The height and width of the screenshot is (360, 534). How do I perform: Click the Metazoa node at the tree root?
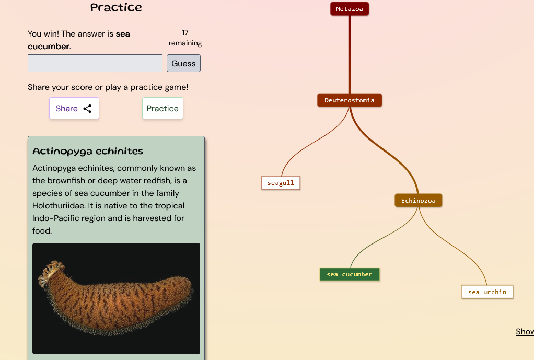[x=350, y=9]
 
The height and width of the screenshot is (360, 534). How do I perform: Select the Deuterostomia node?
[x=350, y=100]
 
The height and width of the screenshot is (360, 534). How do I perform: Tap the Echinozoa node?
[x=418, y=201]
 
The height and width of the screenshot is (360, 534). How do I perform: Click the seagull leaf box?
[x=281, y=183]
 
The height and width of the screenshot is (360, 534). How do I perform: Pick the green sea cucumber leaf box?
[x=350, y=274]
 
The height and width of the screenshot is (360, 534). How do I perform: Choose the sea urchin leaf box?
[x=487, y=292]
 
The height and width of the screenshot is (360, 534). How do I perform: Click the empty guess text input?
[x=95, y=63]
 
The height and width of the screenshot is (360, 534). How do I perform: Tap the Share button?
[x=74, y=108]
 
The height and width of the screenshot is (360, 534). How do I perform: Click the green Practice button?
[x=162, y=108]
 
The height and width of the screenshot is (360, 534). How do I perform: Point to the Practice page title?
[x=116, y=7]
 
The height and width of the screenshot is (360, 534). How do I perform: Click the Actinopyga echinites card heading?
[x=88, y=151]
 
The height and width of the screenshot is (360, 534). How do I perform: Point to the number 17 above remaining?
[x=185, y=33]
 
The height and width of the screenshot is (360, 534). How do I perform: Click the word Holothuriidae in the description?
[x=59, y=206]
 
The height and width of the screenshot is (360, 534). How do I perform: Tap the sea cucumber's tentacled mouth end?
[x=51, y=272]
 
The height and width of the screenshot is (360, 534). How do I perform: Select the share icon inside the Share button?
[x=88, y=109]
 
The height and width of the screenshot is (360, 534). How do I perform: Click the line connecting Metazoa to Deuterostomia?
[x=350, y=54]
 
